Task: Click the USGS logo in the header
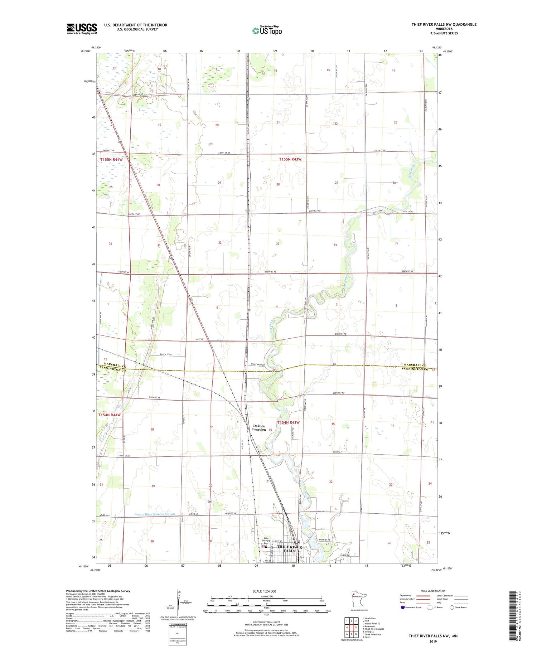coord(82,29)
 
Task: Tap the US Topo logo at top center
coord(267,31)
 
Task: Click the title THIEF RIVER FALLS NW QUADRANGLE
coord(444,24)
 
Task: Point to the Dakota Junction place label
coord(259,428)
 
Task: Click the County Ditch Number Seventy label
coord(155,514)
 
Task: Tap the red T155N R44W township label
coord(111,160)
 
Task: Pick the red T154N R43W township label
coord(288,423)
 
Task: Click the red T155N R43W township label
coord(290,159)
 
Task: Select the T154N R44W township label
coord(110,415)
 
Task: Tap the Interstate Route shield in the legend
coord(403,607)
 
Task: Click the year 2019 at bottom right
coord(433,641)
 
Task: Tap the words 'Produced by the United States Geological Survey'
coord(98,591)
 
